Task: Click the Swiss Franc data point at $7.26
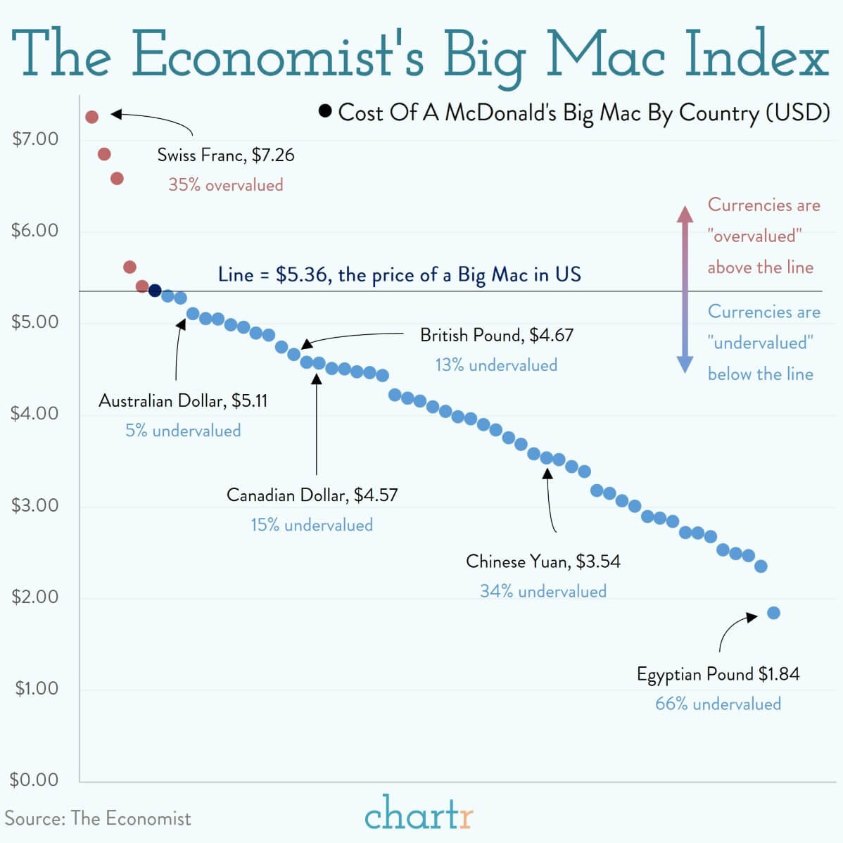91,116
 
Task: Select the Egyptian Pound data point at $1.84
773,613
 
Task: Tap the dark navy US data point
156,291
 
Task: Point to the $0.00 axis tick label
34,780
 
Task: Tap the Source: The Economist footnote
98,818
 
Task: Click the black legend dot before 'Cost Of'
325,111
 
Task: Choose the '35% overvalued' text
226,185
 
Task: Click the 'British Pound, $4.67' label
497,335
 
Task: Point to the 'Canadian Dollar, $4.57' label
312,495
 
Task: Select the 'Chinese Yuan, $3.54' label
543,561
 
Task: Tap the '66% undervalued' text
718,704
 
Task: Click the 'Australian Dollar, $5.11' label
183,400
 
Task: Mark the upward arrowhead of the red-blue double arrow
685,213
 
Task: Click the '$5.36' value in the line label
301,274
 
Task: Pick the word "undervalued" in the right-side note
761,343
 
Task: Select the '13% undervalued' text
496,365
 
